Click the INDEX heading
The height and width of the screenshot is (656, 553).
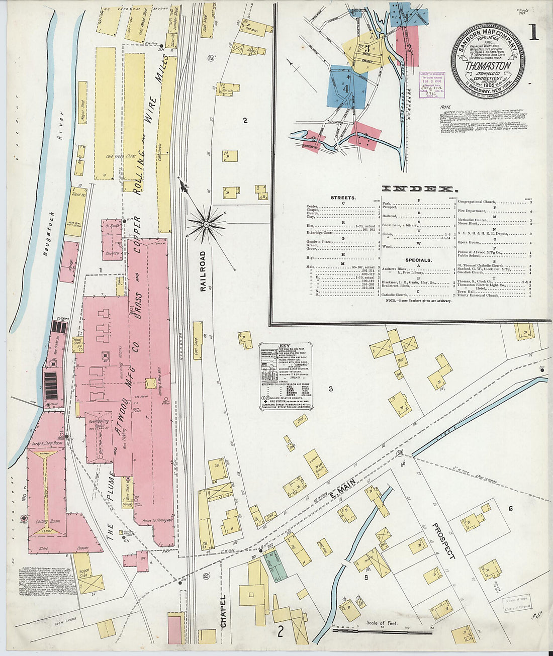tap(419, 189)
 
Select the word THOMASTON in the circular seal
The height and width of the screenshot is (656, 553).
tap(488, 66)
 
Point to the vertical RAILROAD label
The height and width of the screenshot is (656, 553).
tap(203, 271)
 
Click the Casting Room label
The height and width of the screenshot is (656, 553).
tap(47, 521)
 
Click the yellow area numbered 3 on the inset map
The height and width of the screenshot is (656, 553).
tap(367, 48)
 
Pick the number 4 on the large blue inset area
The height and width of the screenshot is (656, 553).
tap(345, 87)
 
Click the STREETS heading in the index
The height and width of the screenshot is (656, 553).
tap(343, 198)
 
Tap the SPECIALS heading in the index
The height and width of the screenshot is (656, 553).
tap(418, 260)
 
